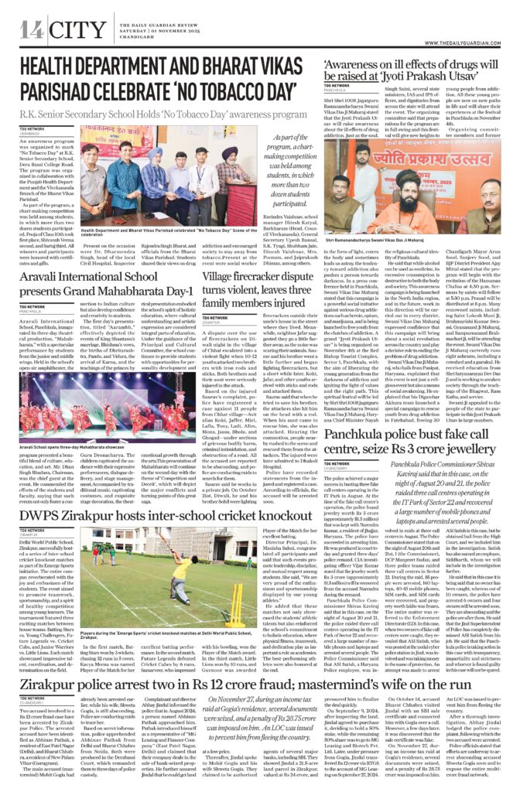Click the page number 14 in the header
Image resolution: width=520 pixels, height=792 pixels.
tap(32, 30)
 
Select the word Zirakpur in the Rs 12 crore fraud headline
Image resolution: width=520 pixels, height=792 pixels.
tap(56, 684)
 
